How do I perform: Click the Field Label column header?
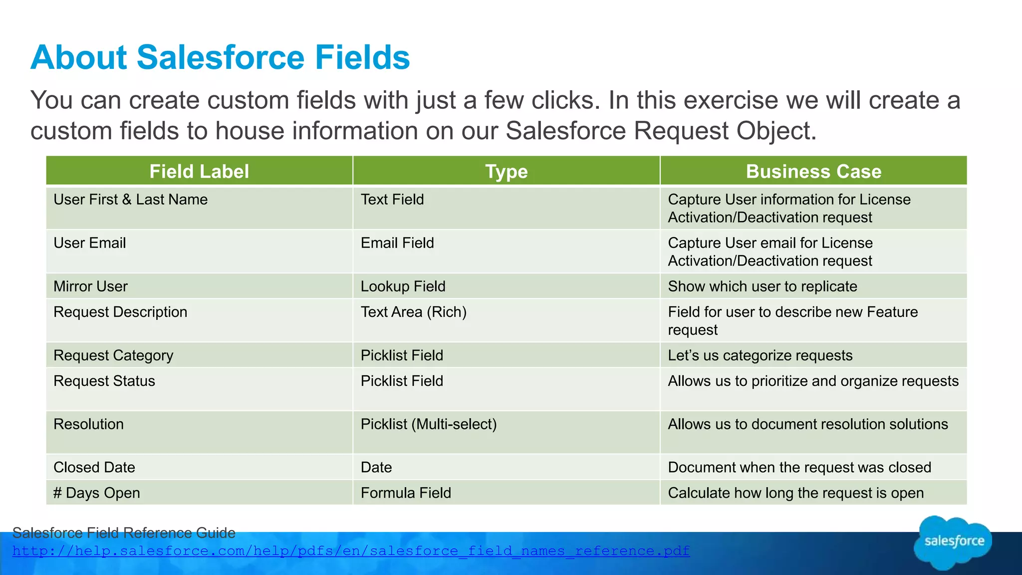(199, 171)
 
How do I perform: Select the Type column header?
(506, 171)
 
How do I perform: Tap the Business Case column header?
(813, 171)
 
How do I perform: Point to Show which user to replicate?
(762, 287)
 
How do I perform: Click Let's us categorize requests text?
(760, 355)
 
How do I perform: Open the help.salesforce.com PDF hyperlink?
(351, 551)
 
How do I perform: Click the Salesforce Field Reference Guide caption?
(123, 533)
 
